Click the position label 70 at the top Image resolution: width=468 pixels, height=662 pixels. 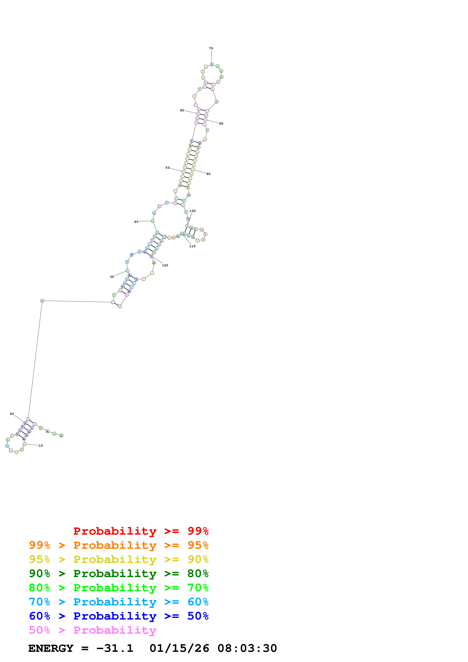pos(211,48)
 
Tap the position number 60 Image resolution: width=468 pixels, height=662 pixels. pos(182,110)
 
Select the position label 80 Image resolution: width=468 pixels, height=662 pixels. pos(221,124)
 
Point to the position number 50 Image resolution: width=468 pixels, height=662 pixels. pos(167,168)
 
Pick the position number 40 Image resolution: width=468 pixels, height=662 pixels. pos(136,222)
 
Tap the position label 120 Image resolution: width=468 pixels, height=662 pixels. pos(165,265)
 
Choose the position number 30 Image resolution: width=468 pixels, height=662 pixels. pos(112,277)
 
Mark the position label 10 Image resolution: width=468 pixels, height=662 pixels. pos(41,446)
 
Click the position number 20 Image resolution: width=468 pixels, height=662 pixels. pos(12,414)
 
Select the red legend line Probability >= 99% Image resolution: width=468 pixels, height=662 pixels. pos(141,531)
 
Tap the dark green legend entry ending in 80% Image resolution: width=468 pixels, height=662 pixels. pos(119,573)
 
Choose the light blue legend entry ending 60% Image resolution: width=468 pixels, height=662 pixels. pos(119,602)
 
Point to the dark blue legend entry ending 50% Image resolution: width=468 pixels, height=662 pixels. pos(119,616)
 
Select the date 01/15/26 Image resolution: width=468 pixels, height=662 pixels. pos(179,648)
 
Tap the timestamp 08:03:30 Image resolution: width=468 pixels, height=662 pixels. pos(247,648)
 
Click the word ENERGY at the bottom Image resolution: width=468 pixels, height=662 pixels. pos(51,648)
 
